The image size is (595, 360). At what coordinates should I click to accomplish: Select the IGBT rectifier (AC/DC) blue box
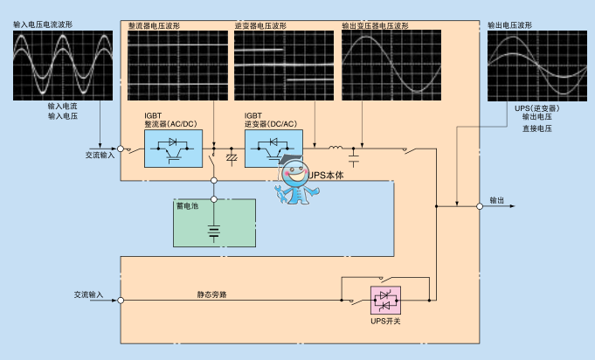point(173,149)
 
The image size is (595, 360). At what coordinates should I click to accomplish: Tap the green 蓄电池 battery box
point(214,223)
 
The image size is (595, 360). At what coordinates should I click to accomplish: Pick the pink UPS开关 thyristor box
point(385,300)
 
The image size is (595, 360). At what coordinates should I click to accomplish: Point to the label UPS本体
point(328,175)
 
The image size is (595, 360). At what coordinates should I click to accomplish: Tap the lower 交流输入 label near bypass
point(89,294)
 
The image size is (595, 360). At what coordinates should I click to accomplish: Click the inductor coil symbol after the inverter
point(335,146)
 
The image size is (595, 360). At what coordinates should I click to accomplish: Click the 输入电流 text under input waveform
point(63,106)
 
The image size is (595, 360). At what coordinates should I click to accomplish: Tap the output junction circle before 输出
point(480,206)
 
